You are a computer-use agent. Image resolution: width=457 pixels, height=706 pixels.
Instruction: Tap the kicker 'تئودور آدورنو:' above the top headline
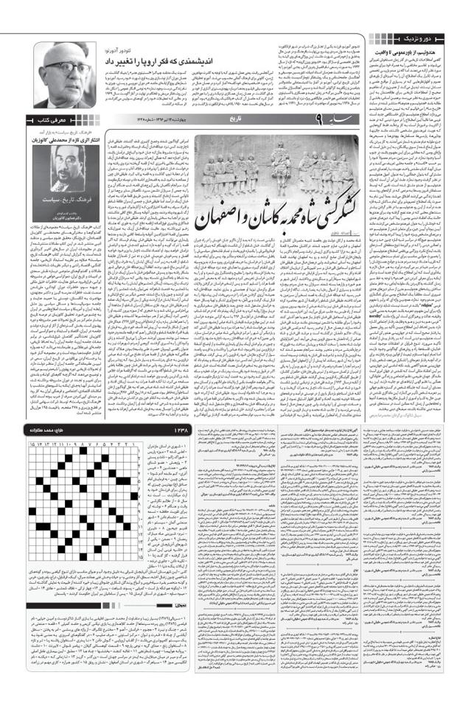coord(176,49)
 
